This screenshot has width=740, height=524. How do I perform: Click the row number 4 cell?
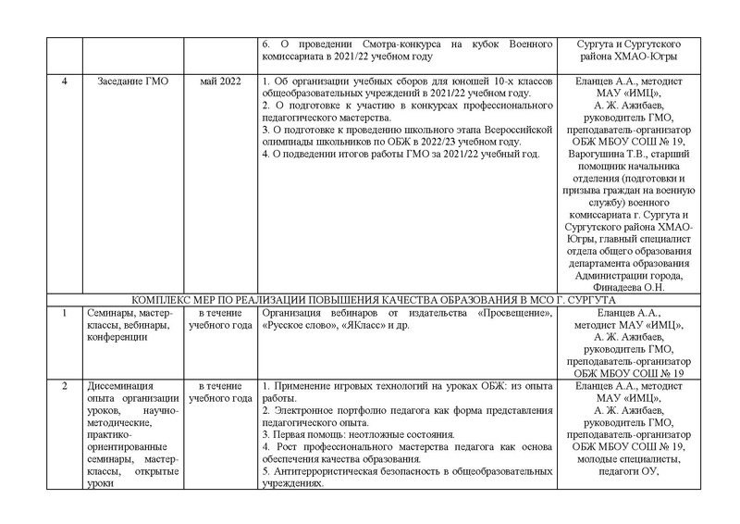[x=64, y=81]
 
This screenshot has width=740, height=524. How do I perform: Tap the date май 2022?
[x=220, y=81]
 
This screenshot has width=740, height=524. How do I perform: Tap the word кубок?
[x=477, y=44]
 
